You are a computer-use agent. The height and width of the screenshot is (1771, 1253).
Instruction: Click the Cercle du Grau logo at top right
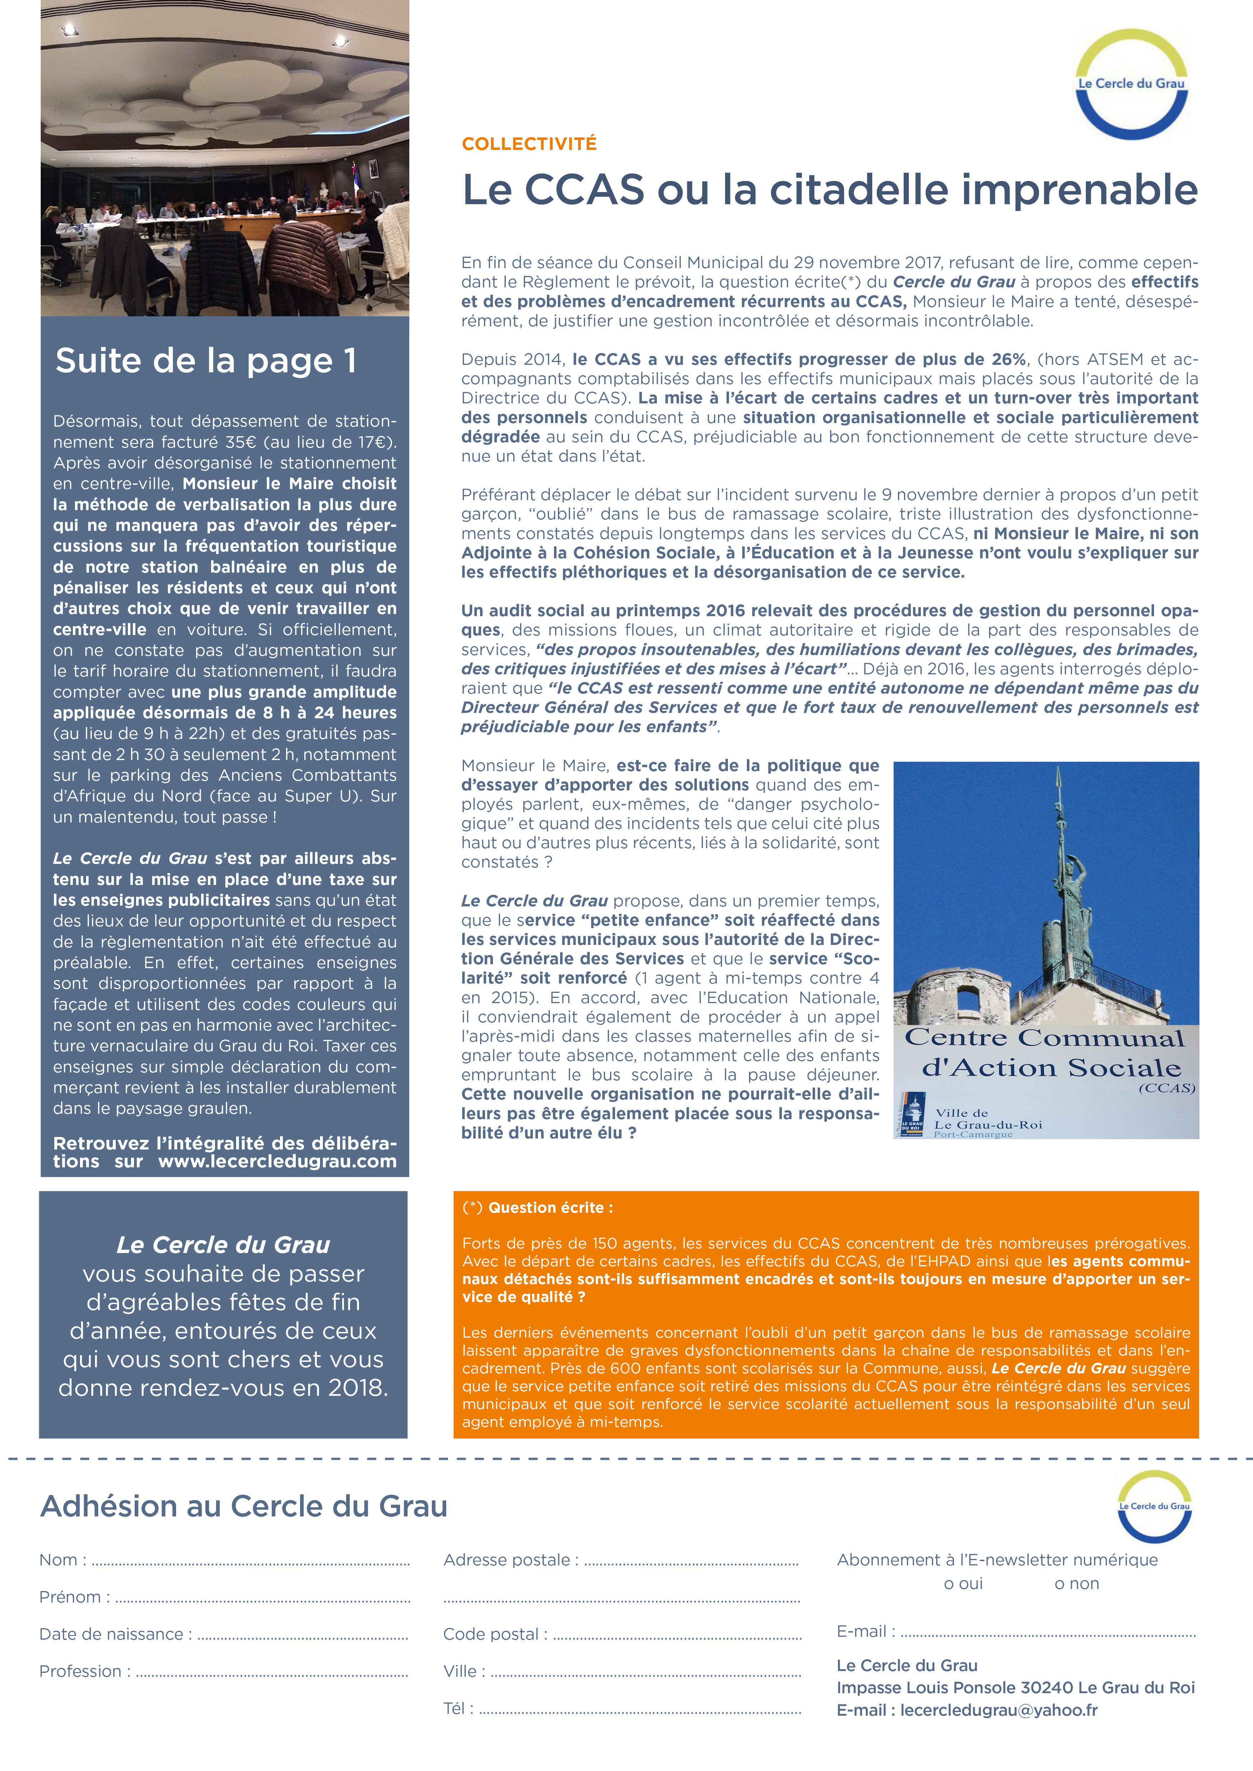(x=1132, y=84)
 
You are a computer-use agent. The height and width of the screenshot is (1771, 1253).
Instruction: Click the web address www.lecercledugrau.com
(x=278, y=1162)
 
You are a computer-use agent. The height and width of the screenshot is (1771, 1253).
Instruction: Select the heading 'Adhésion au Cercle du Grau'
(x=244, y=1506)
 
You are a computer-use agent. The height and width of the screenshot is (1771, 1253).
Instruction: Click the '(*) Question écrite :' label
(x=538, y=1208)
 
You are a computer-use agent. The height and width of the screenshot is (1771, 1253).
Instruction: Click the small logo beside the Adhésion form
(x=1154, y=1506)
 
